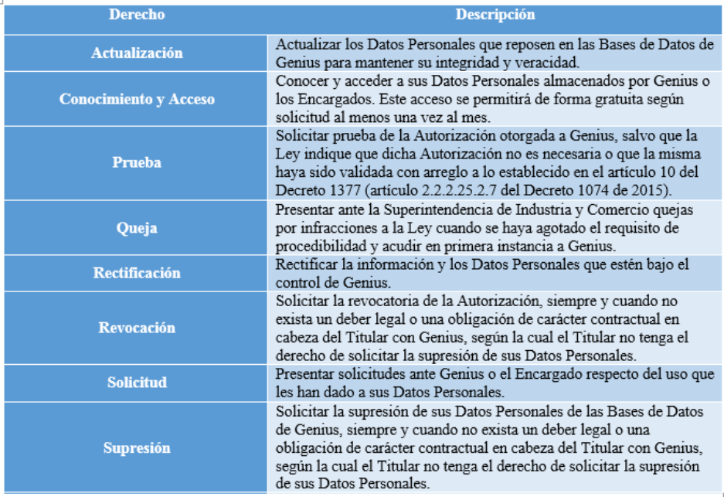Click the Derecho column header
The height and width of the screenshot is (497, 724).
pyautogui.click(x=137, y=15)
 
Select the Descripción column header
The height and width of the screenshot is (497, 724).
pyautogui.click(x=495, y=15)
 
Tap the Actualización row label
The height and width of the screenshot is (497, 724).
pyautogui.click(x=137, y=53)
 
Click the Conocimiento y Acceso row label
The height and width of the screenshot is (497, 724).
pyautogui.click(x=137, y=99)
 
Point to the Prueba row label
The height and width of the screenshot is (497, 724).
pyautogui.click(x=137, y=163)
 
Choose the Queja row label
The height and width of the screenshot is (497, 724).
pyautogui.click(x=137, y=228)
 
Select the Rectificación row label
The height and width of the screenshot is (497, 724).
pyautogui.click(x=137, y=273)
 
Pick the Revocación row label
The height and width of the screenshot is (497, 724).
pyautogui.click(x=137, y=327)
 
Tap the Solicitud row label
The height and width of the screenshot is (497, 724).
pyautogui.click(x=137, y=383)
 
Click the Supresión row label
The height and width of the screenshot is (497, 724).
pyautogui.click(x=137, y=448)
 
